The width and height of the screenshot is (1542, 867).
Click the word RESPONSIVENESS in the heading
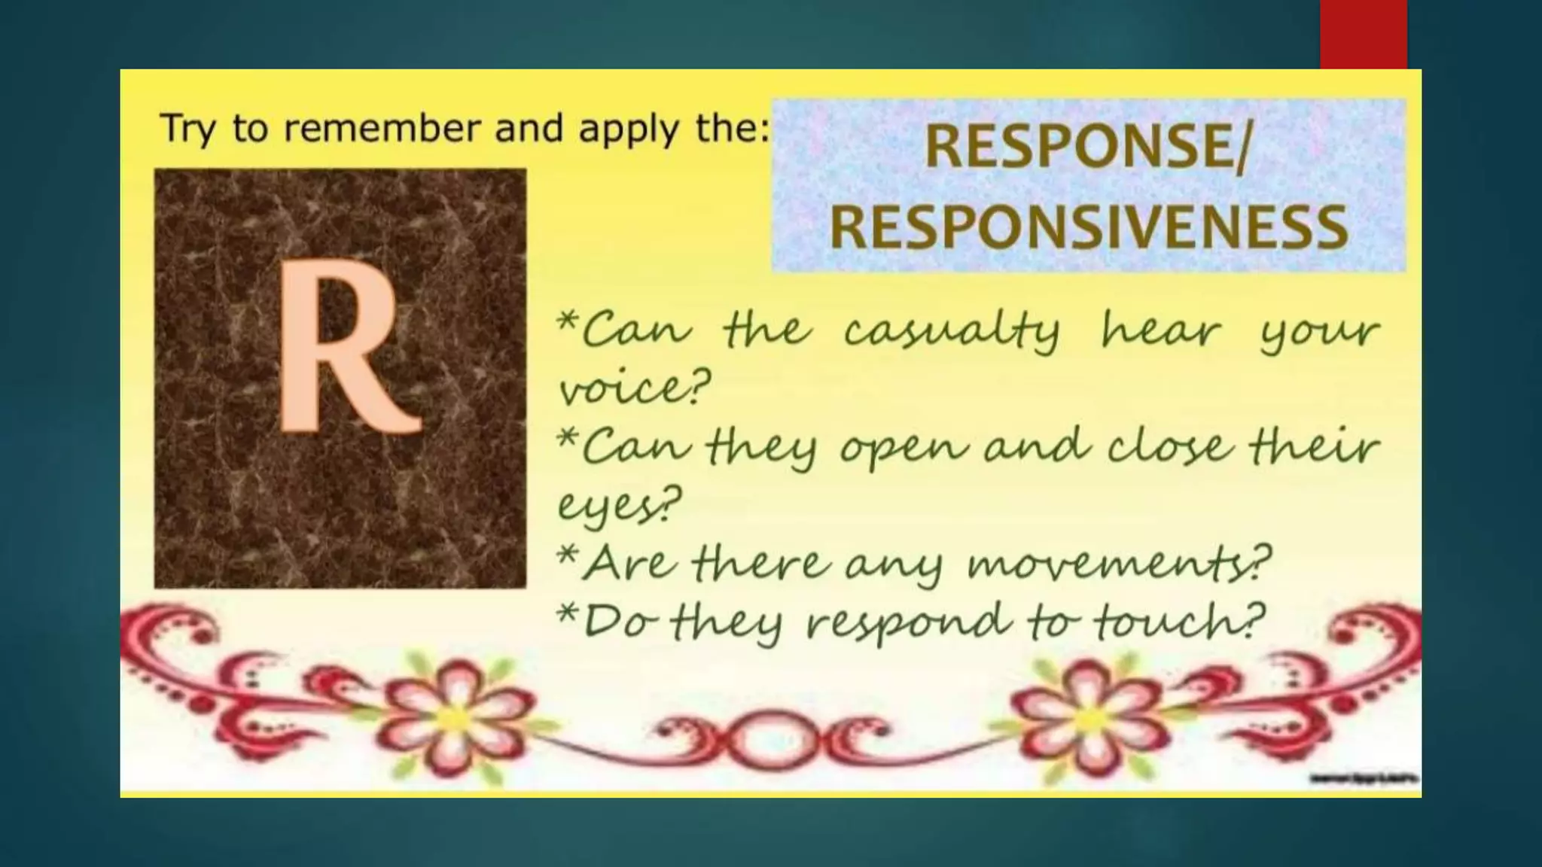click(x=1089, y=227)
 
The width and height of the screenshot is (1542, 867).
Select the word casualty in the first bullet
click(x=952, y=331)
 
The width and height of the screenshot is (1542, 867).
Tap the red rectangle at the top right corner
click(x=1363, y=34)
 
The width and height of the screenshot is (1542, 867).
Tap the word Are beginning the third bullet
click(x=629, y=563)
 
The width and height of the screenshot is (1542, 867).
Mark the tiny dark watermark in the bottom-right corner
click(x=1364, y=779)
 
